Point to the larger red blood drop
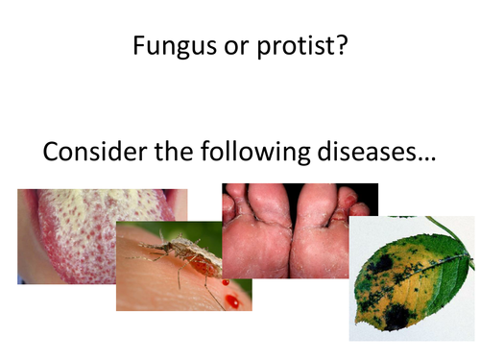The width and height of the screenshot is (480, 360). (232, 301)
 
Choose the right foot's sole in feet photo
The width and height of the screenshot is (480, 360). (322, 240)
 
